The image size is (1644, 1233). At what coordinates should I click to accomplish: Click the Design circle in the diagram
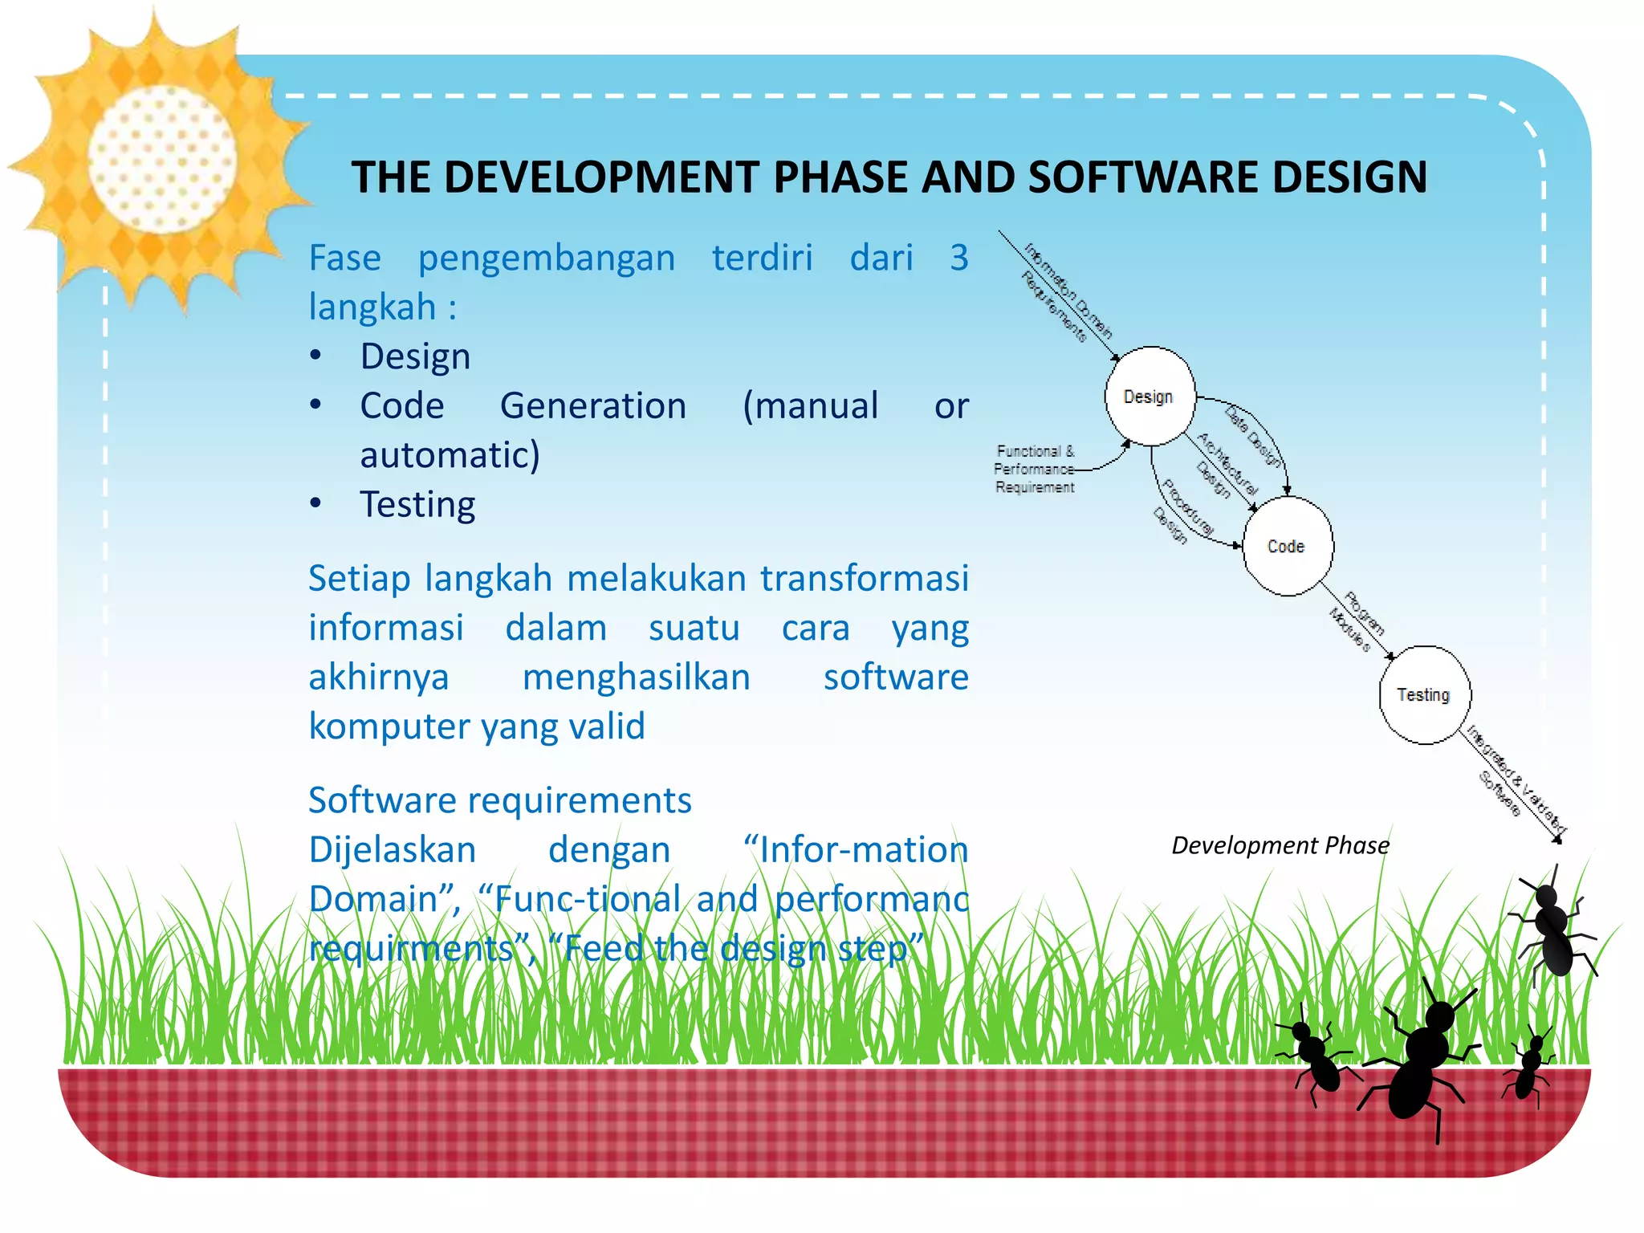(1150, 397)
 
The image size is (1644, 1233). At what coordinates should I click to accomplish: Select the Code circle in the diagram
(1287, 546)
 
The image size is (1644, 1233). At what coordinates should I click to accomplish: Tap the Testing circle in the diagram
(1424, 695)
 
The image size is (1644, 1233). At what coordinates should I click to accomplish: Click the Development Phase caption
(1280, 845)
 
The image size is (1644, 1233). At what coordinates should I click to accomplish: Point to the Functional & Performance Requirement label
(1034, 469)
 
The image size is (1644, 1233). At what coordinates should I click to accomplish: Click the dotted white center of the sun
(161, 159)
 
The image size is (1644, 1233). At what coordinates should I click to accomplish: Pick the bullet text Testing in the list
(417, 505)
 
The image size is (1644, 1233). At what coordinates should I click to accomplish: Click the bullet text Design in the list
(415, 356)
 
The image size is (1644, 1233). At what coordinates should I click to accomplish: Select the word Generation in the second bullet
(592, 406)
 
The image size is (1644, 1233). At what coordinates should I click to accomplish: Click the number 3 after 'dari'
(958, 258)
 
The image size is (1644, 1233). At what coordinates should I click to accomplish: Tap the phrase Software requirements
(499, 800)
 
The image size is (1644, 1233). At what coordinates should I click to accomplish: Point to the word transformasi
(864, 579)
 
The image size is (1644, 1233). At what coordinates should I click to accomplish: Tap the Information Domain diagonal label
(1068, 291)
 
